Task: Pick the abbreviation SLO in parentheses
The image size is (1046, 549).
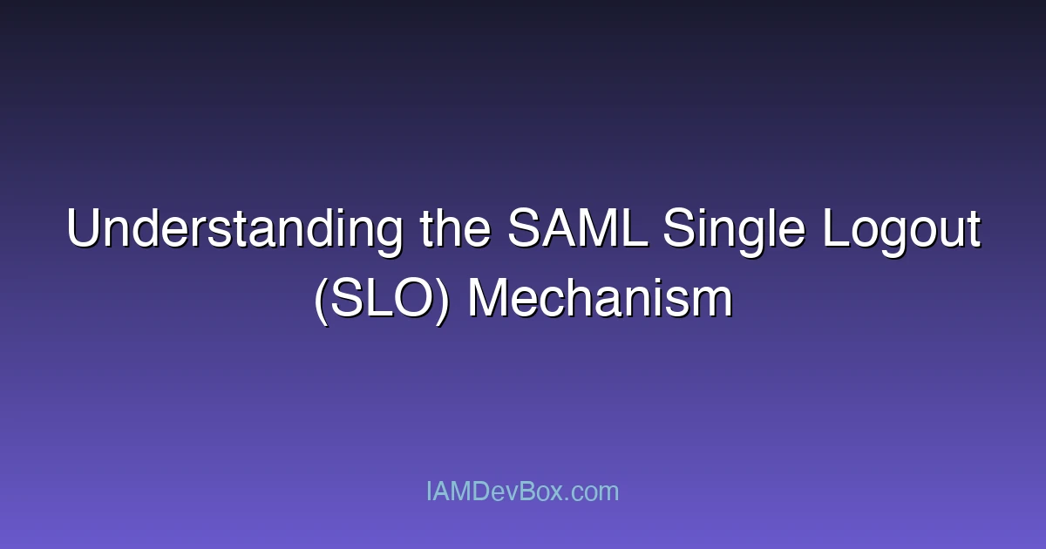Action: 381,300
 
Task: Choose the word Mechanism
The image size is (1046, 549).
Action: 600,300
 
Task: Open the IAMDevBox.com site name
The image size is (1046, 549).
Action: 522,491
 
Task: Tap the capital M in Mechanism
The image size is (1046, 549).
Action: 486,300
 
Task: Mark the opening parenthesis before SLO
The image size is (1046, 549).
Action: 321,300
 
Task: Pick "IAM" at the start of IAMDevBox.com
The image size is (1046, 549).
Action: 449,491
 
